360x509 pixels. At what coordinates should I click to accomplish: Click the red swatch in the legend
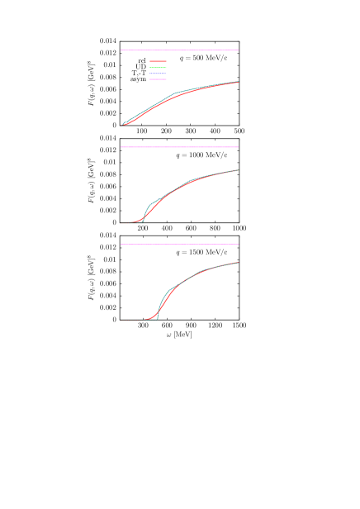158,61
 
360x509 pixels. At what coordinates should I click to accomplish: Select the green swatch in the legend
158,67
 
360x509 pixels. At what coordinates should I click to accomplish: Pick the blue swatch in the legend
158,74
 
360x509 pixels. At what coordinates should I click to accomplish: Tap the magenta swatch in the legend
158,79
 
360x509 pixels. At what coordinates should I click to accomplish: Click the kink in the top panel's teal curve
174,94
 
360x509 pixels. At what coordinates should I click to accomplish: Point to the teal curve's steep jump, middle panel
145,214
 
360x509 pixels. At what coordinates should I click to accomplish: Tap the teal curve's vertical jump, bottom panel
158,312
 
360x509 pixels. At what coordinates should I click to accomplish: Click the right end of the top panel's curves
239,82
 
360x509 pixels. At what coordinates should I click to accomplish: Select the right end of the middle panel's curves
239,170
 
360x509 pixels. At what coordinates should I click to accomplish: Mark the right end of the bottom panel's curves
239,263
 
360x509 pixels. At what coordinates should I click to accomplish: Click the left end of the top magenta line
121,50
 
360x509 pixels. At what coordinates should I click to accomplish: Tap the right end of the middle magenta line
239,147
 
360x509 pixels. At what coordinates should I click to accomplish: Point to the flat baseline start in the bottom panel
121,320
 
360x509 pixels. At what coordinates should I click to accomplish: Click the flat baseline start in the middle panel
121,223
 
